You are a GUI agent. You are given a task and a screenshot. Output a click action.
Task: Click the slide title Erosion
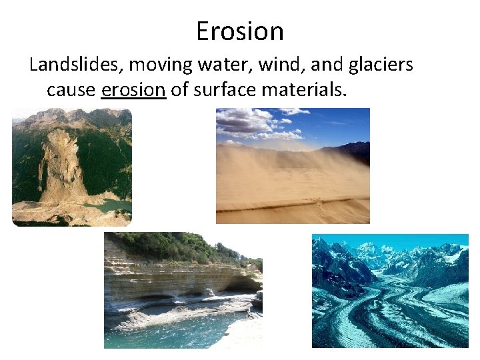(x=240, y=31)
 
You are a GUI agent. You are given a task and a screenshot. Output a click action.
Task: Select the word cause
(x=71, y=89)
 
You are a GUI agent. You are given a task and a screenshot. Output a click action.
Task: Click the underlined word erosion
(x=133, y=89)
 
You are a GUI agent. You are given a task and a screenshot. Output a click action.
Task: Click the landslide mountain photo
(x=72, y=167)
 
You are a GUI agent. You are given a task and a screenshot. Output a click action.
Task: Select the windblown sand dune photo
(x=293, y=166)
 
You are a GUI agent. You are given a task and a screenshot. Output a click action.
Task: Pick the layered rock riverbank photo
(x=183, y=290)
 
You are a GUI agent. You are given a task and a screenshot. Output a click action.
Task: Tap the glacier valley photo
(x=390, y=291)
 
